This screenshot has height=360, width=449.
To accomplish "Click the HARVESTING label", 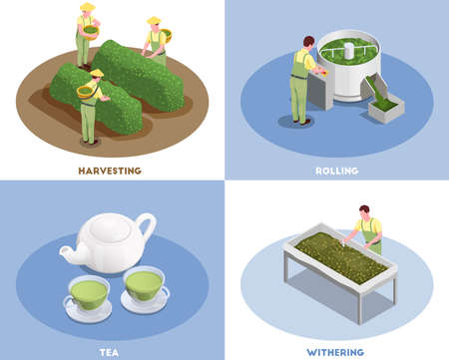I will click(x=109, y=171).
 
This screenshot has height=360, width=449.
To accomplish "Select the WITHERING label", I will click(x=335, y=351).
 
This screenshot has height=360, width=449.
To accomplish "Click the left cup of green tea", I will click(x=88, y=290).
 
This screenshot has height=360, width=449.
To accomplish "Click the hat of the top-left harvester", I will click(x=87, y=8).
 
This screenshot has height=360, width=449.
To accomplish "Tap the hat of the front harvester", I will click(x=96, y=73).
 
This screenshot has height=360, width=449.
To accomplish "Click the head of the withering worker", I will click(x=365, y=211).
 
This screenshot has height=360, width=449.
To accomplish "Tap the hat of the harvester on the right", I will click(x=153, y=20).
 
